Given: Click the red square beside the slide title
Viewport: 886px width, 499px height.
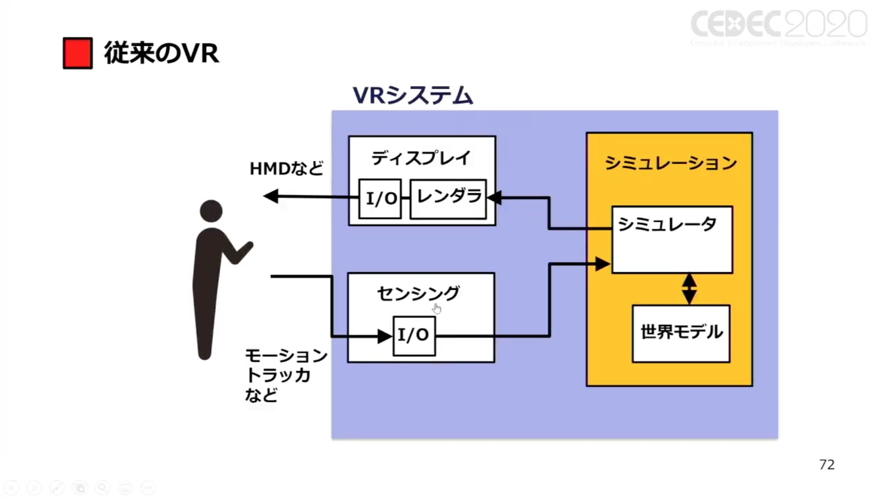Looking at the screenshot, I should (78, 53).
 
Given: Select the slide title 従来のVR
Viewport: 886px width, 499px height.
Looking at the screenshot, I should (161, 53).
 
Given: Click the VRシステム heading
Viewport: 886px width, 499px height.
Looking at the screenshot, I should (412, 96).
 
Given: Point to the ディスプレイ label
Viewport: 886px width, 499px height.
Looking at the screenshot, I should (421, 157).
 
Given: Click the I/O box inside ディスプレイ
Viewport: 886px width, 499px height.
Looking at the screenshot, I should (380, 199).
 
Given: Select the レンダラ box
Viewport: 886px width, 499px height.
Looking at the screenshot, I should (448, 198).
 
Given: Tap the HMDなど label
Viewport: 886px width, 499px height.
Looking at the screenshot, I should (286, 168).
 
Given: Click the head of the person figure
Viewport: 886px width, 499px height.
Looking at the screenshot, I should (211, 211).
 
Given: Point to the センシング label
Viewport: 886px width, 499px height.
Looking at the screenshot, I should (418, 293).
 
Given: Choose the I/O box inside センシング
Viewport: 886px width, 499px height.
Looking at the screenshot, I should (414, 335).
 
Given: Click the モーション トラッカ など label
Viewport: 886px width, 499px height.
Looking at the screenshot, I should (285, 375).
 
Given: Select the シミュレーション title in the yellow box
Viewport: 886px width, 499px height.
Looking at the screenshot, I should (670, 163).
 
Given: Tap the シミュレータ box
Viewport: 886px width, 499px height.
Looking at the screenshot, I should (672, 239).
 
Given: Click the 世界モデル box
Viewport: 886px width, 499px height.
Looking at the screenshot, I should (681, 333).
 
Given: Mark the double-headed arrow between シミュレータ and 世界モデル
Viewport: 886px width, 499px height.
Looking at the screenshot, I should (689, 289).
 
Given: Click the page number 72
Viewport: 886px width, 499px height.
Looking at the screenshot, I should (826, 465).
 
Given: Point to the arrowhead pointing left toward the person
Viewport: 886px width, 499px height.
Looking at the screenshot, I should (271, 196).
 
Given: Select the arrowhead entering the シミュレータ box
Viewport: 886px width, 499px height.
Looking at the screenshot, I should (602, 263).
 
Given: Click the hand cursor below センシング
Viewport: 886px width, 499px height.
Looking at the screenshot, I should (437, 309).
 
